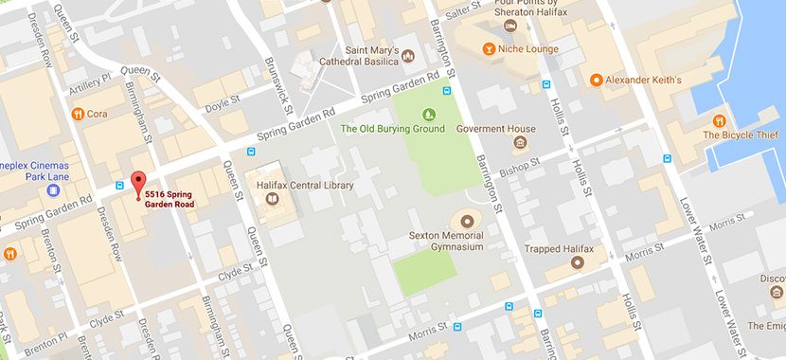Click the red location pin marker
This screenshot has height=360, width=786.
tap(138, 183)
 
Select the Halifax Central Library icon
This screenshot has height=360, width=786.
tap(273, 200)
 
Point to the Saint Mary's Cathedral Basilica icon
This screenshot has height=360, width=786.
tap(408, 54)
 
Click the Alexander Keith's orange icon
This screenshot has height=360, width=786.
tap(596, 81)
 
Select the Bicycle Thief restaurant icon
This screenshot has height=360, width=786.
tap(720, 120)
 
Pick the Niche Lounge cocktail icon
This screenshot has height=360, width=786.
tap(489, 48)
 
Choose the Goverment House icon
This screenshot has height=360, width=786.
tap(520, 143)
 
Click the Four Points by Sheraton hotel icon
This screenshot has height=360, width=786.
tap(511, 27)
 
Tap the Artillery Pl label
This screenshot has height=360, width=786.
tap(93, 84)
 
